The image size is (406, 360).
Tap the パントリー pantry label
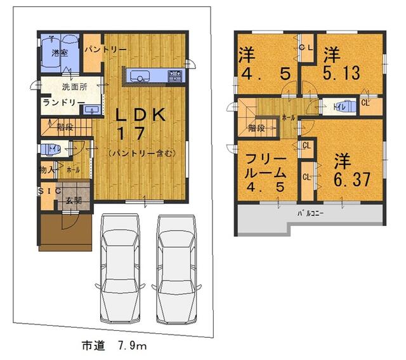106,49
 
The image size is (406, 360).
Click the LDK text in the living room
141,115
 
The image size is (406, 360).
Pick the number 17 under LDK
131,134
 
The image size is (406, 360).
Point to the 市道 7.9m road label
114,346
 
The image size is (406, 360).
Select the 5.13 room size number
339,74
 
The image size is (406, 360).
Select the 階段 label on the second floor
256,128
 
